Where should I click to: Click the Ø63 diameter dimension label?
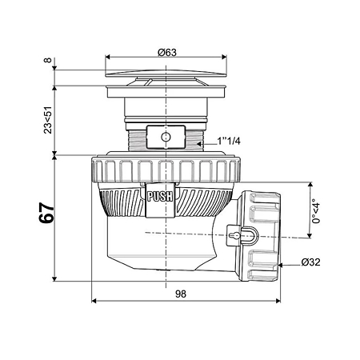[167, 52]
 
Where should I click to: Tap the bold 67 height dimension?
[46, 213]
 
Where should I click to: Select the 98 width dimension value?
[181, 294]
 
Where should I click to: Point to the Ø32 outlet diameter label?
[310, 262]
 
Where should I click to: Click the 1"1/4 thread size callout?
[229, 141]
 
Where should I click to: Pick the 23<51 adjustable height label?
[48, 120]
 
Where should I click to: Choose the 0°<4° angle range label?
[316, 211]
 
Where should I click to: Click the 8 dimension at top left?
[47, 60]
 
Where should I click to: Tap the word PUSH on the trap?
[160, 197]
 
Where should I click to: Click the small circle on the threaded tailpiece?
[166, 137]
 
